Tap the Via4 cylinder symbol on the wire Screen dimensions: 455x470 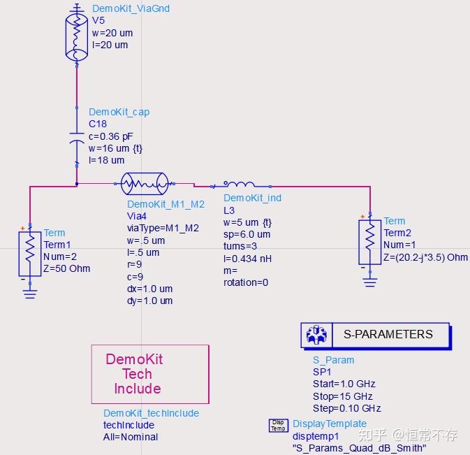point(145,185)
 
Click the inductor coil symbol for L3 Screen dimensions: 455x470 point(239,185)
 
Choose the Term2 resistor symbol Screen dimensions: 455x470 point(369,241)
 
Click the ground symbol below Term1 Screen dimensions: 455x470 point(29,294)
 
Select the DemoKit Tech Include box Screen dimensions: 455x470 point(150,374)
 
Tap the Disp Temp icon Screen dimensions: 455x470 point(278,426)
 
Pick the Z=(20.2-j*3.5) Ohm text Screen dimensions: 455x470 point(425,257)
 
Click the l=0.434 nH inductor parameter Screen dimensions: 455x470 point(249,259)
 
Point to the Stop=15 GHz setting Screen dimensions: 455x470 point(343,396)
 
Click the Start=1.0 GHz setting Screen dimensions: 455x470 point(344,384)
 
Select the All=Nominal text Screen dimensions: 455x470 point(131,437)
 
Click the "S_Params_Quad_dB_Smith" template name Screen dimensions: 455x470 point(358,448)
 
